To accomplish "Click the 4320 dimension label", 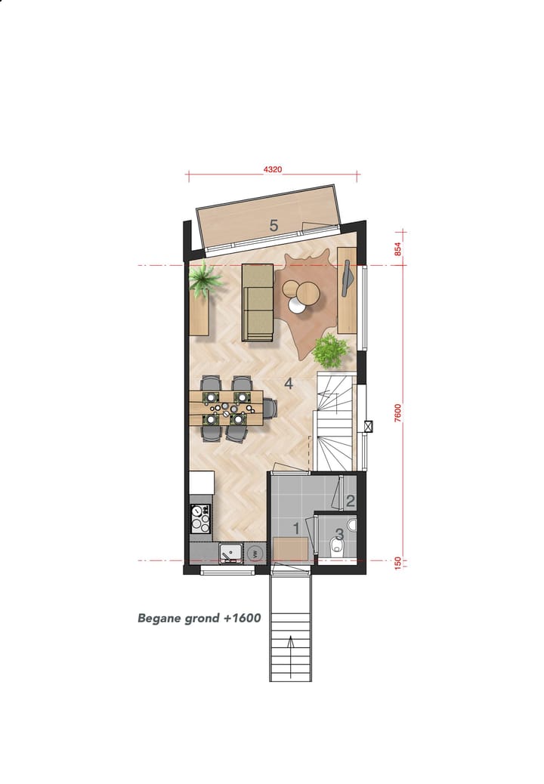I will coord(273,170).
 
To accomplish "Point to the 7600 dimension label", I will coord(397,412).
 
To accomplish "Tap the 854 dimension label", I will coord(397,248).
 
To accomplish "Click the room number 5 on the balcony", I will coord(274,225).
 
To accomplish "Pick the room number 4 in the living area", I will coord(289,383).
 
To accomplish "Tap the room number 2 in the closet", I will coord(350,500).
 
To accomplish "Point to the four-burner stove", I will coord(200,519).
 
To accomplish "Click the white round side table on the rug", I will coord(296,304).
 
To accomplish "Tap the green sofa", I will coord(258,302).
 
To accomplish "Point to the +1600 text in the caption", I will coord(243,618).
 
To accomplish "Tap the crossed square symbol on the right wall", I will coord(368,426).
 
